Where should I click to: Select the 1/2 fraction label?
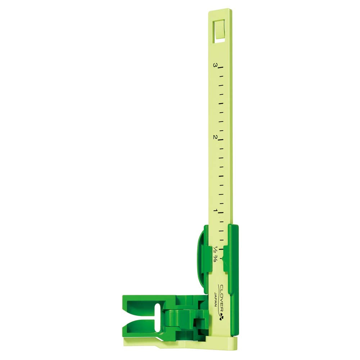pyautogui.click(x=216, y=249)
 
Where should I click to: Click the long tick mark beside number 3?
pyautogui.click(x=220, y=68)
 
